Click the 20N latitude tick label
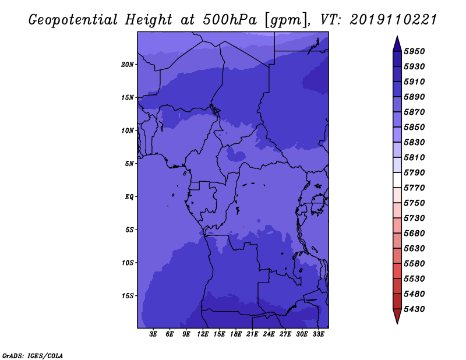(128, 65)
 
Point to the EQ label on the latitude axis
(129, 197)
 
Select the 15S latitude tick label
(128, 296)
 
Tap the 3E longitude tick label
(153, 334)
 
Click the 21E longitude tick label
(252, 334)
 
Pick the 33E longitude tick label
(318, 334)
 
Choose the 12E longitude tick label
(203, 334)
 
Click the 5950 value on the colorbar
(414, 51)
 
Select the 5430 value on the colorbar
(414, 309)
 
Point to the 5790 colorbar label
(414, 172)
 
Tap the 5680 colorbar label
(414, 234)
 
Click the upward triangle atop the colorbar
(397, 44)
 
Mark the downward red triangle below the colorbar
(397, 316)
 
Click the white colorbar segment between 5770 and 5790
(397, 180)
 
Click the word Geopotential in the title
(73, 20)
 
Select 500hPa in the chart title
(230, 20)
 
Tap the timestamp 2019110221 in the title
(393, 20)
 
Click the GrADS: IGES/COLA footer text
(33, 356)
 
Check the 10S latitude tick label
(128, 263)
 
